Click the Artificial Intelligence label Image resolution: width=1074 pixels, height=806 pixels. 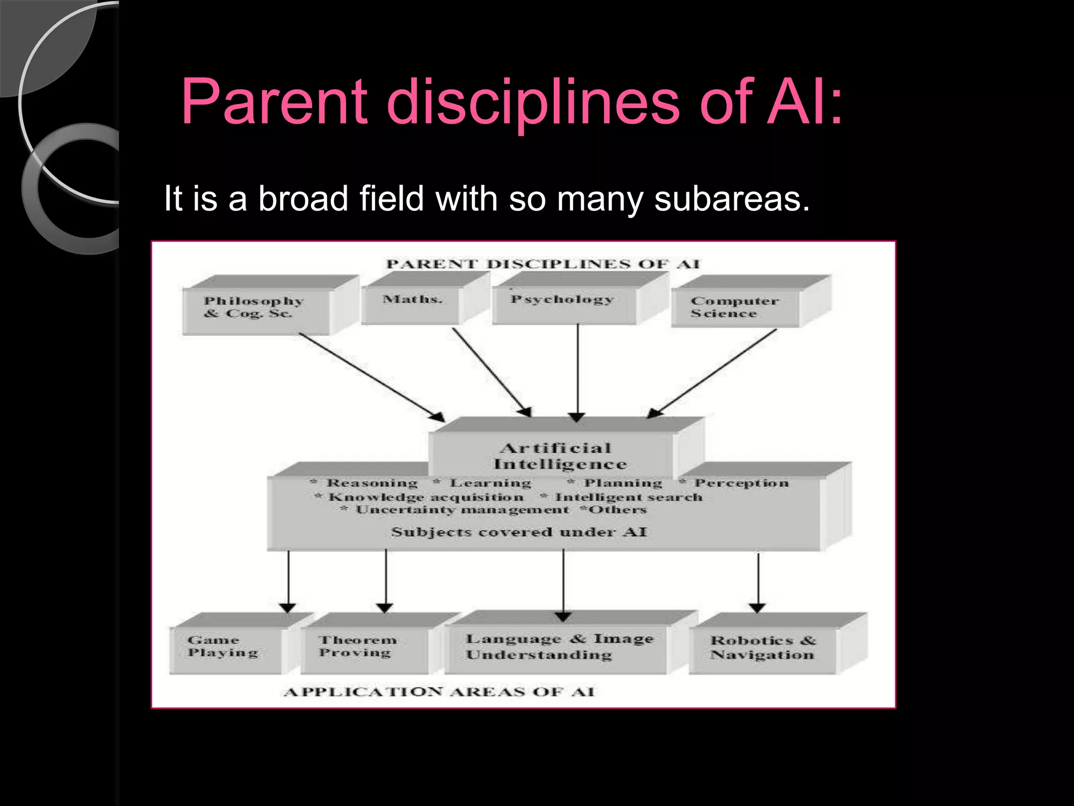[x=559, y=455]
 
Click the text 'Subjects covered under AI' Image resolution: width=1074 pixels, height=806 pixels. [x=519, y=532]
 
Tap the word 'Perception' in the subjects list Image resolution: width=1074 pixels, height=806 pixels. [x=742, y=483]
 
